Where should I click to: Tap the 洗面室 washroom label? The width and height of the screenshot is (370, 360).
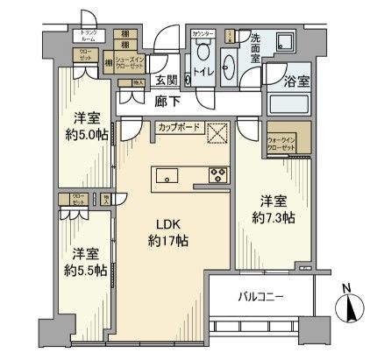pos(256,43)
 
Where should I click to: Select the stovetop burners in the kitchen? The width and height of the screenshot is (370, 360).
pos(216,176)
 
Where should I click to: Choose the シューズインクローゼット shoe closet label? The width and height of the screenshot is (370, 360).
pos(128,63)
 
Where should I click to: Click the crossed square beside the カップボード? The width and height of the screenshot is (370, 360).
pos(217,132)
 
